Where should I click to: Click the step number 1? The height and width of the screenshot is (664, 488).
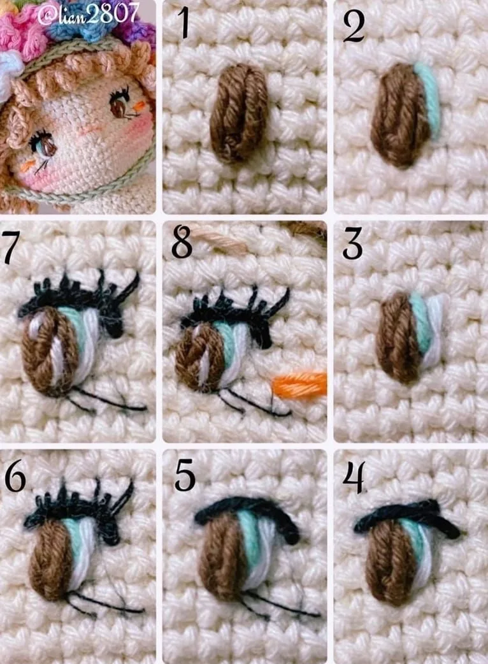[183, 23]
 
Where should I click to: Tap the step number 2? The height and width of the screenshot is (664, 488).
[354, 26]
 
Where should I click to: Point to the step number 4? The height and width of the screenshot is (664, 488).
[354, 477]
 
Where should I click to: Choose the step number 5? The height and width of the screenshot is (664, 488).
[185, 475]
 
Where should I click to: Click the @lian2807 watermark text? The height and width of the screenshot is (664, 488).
[89, 15]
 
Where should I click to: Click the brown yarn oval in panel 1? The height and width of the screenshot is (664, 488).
[239, 113]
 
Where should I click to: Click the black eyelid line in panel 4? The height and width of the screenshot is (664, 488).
[406, 517]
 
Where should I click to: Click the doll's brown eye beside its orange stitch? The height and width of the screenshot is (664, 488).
[120, 105]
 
